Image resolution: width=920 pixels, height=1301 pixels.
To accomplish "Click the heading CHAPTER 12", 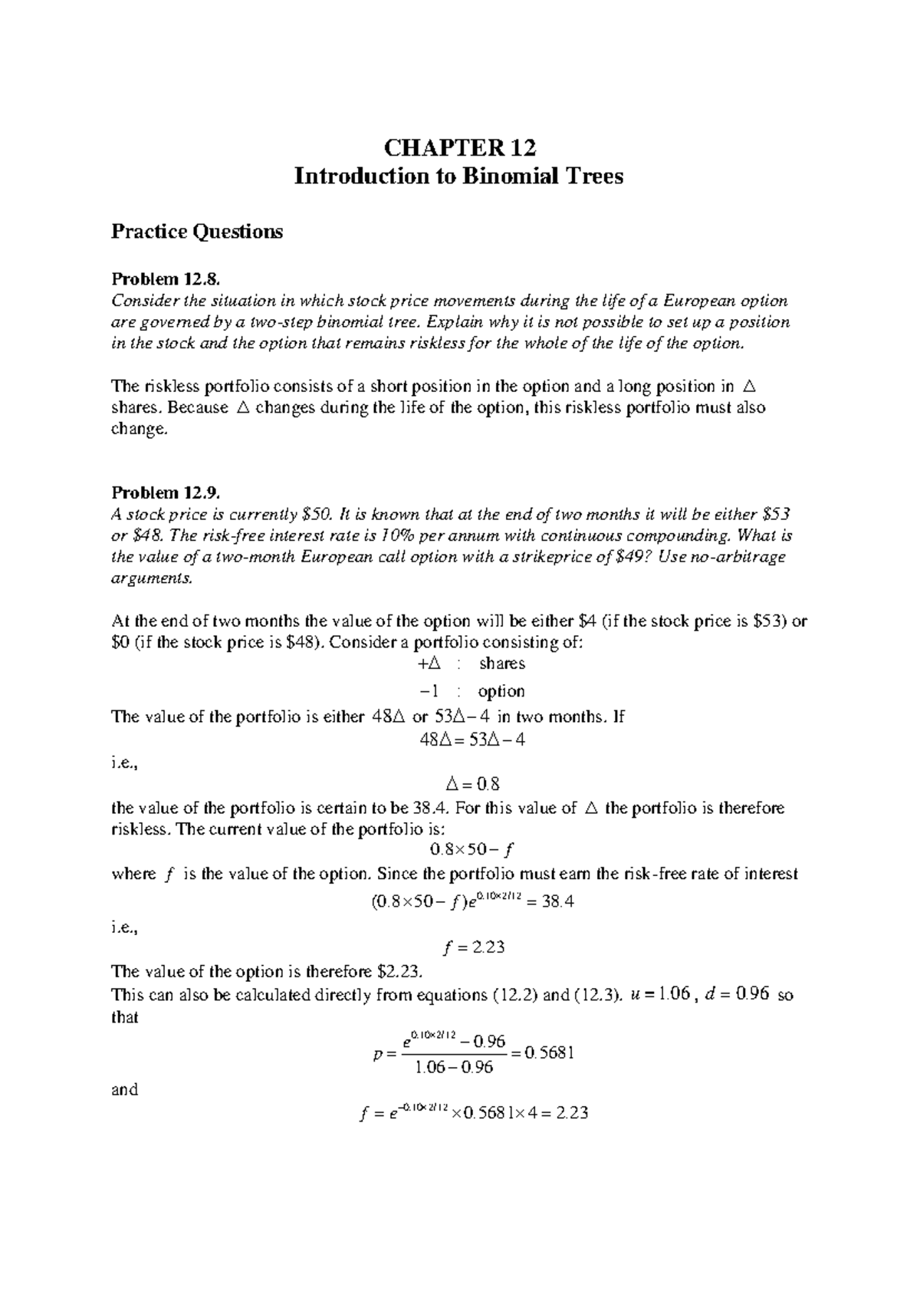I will click(459, 147).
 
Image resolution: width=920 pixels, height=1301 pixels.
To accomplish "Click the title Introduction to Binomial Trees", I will click(459, 176).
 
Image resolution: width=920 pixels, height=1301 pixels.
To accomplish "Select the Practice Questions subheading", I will click(197, 231).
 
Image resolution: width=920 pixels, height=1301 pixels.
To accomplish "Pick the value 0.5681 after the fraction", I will click(548, 1053).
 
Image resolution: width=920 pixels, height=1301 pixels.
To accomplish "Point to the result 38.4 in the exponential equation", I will click(557, 902).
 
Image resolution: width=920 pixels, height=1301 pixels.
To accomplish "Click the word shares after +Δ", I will click(501, 664).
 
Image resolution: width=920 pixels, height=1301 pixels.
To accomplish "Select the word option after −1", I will click(501, 691).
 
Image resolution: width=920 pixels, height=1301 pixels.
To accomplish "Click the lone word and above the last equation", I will click(125, 1089).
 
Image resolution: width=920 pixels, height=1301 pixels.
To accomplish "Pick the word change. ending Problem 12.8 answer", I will click(139, 430).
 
